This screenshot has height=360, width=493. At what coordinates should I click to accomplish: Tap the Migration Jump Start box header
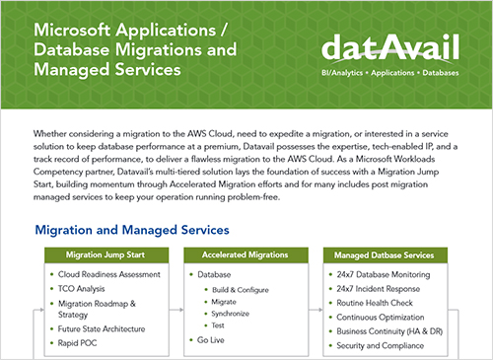pos(105,253)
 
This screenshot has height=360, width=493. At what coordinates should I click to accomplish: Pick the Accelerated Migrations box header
pos(241,253)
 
